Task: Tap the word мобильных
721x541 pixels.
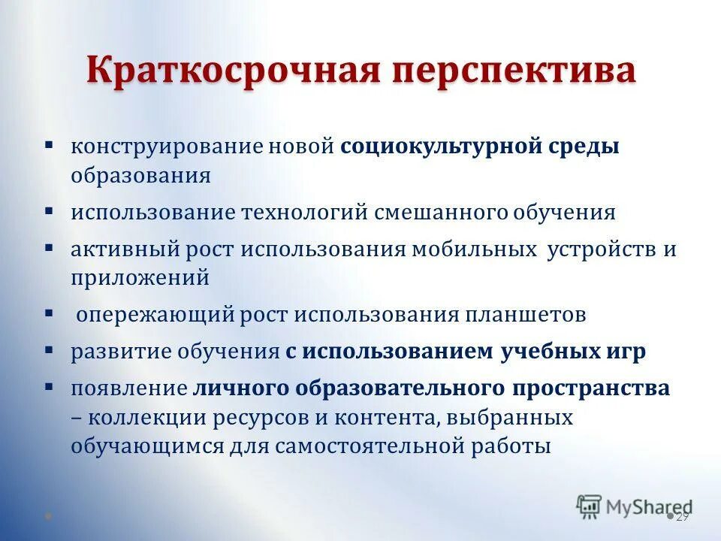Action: click(x=473, y=249)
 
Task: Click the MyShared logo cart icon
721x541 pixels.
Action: click(x=589, y=506)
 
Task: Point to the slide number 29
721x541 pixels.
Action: click(x=682, y=517)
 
